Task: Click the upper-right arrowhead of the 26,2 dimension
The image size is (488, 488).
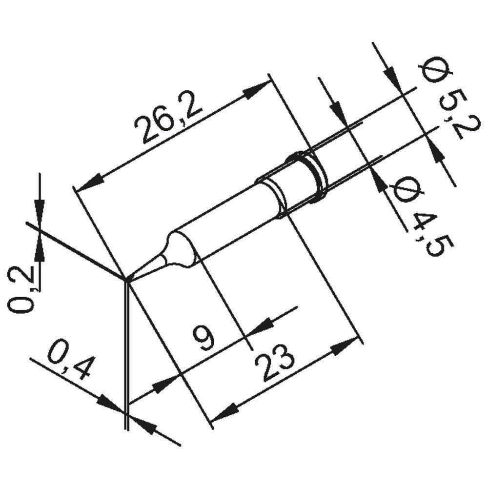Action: pyautogui.click(x=259, y=90)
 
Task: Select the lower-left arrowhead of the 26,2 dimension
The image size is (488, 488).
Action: pyautogui.click(x=88, y=183)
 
